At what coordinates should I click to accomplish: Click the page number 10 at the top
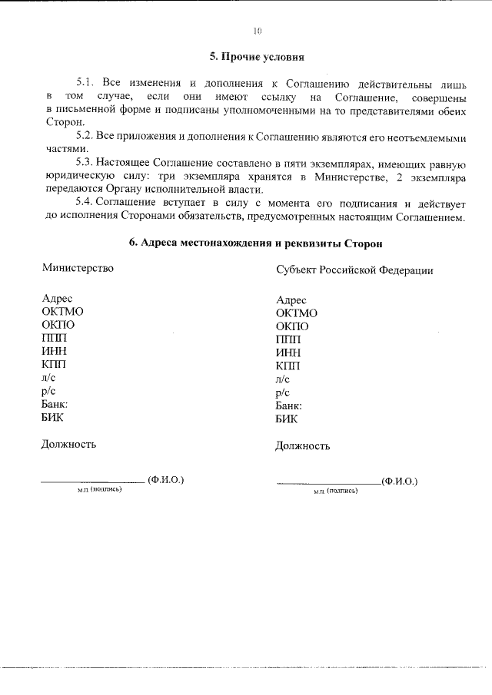[258, 31]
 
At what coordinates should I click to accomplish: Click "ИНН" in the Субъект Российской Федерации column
[288, 352]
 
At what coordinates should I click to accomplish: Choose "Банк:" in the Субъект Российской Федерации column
[289, 405]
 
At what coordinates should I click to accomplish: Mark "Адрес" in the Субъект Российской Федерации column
[291, 300]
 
